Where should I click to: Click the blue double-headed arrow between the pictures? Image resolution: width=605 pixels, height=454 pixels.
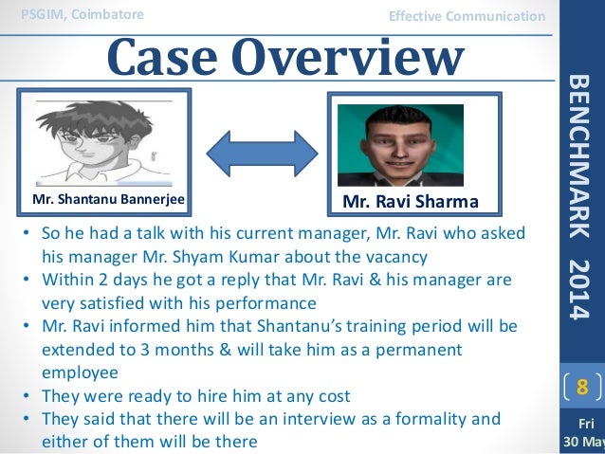262,149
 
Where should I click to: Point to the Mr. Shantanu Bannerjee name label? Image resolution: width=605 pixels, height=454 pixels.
108,199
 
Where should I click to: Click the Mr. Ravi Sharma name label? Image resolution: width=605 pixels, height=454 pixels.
411,201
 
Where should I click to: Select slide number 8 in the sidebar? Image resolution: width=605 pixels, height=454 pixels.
582,387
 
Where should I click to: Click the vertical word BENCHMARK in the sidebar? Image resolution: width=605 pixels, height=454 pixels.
581,155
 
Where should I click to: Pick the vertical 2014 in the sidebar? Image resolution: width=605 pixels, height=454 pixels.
581,284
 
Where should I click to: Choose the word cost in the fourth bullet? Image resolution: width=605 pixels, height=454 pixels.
329,396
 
